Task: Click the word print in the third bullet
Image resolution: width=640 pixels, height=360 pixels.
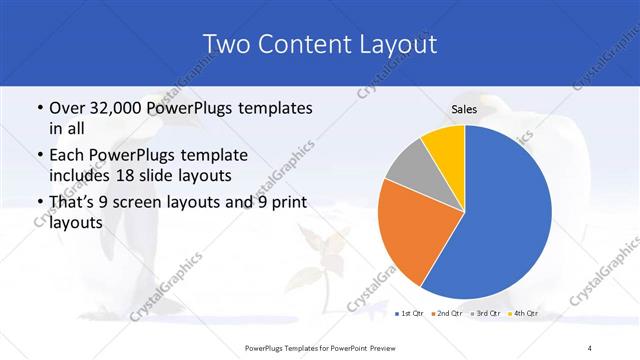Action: point(289,203)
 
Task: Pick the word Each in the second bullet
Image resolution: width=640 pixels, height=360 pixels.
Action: point(65,155)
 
